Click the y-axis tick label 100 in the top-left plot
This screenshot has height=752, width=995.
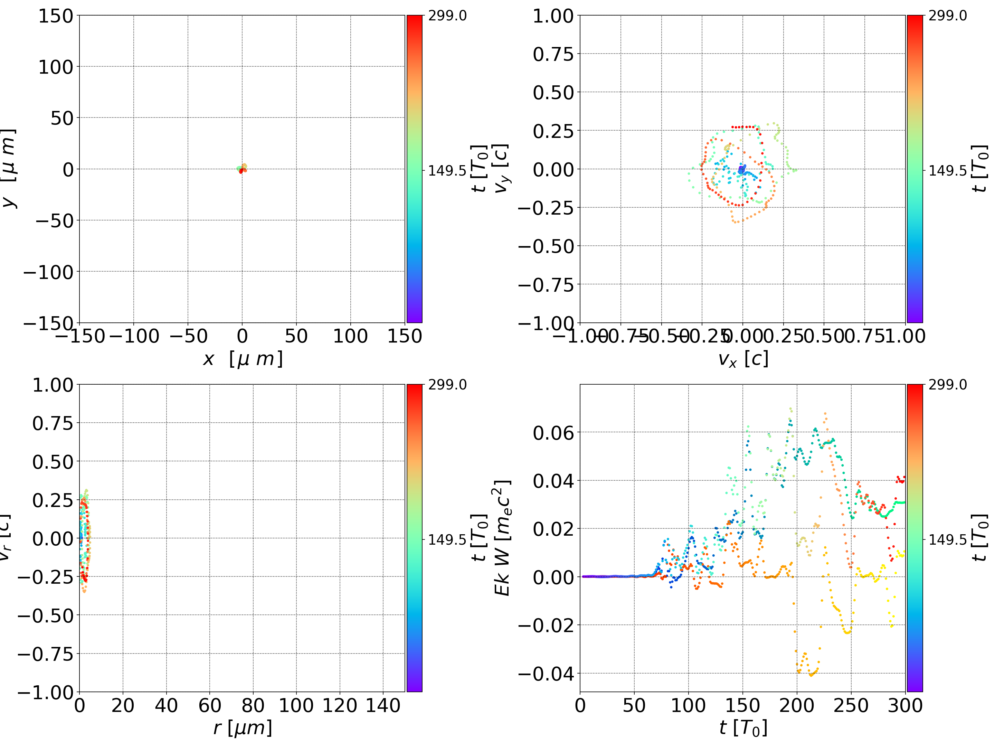point(55,67)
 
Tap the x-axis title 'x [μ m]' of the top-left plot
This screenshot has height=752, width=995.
point(243,359)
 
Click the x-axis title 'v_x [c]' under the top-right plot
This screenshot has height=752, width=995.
point(743,359)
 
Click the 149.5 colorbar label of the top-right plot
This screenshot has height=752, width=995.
point(947,171)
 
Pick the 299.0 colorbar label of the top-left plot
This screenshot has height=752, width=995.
point(447,16)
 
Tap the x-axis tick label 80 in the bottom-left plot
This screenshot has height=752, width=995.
point(253,706)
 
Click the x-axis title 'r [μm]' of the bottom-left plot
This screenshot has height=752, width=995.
point(243,728)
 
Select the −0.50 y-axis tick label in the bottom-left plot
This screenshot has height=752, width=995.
point(45,615)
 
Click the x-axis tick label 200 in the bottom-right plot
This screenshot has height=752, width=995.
point(797,706)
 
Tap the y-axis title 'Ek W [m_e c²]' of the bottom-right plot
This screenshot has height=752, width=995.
point(502,538)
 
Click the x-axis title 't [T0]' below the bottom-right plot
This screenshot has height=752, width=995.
point(743,728)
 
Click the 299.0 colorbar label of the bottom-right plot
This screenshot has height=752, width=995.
point(947,385)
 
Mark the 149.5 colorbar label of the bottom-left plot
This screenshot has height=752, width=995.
point(447,539)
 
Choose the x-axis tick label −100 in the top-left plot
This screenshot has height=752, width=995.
point(134,336)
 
